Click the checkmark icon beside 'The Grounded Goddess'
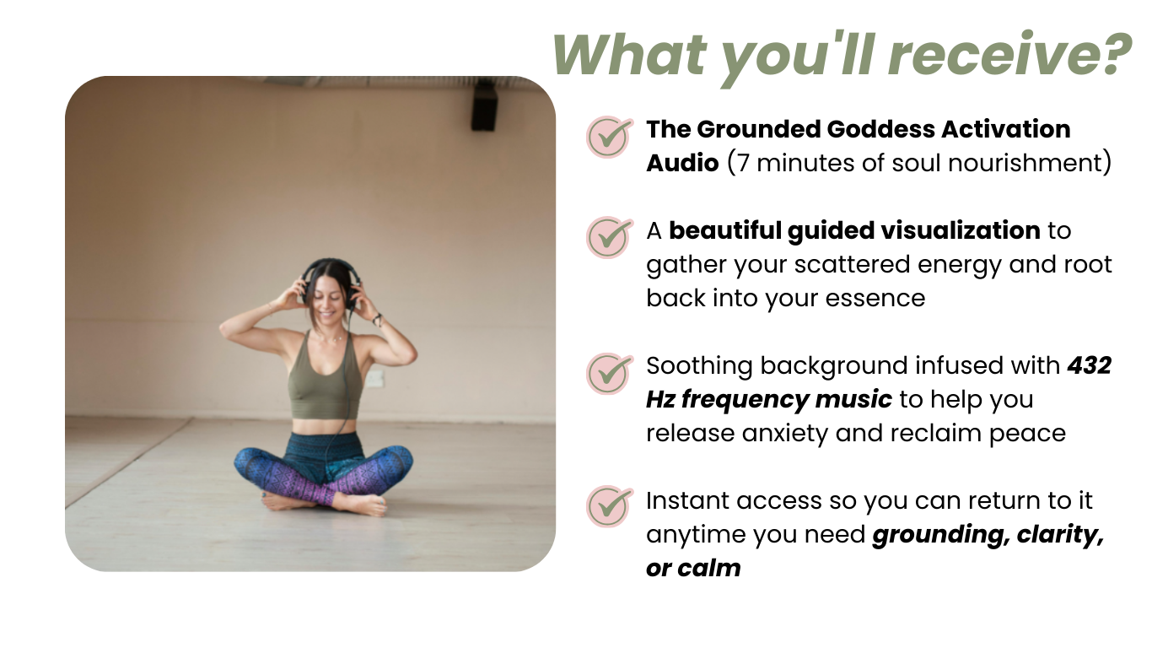point(609,137)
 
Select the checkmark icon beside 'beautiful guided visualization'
point(609,237)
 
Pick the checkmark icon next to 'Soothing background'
point(609,374)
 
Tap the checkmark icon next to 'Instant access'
point(609,506)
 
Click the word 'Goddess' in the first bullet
point(880,129)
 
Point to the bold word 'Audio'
point(682,163)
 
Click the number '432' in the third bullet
point(1090,365)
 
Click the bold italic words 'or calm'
point(693,568)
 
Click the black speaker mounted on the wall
point(484,107)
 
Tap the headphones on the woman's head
point(330,283)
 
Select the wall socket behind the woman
point(374,378)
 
